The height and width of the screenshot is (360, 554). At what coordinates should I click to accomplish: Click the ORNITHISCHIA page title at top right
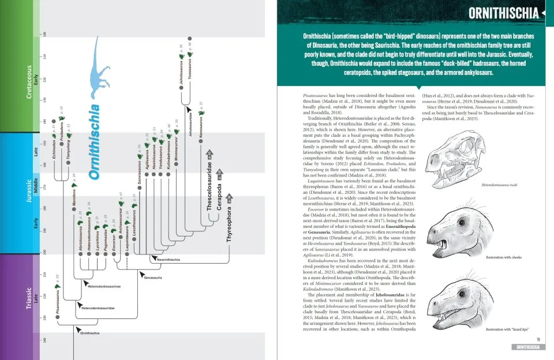(x=503, y=13)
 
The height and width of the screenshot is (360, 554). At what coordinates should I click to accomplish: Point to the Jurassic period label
(x=29, y=190)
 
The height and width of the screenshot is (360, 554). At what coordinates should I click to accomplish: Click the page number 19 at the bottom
(x=538, y=339)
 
